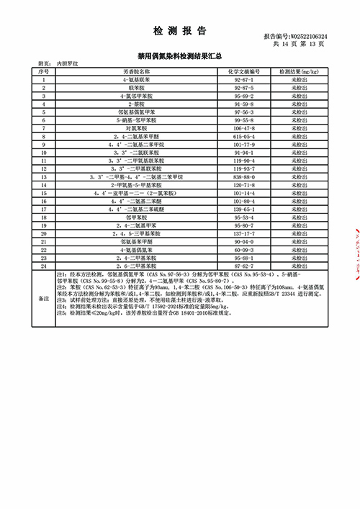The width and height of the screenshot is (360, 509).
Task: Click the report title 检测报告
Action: pyautogui.click(x=180, y=31)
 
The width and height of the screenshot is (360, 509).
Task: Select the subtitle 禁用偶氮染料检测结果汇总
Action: pyautogui.click(x=179, y=55)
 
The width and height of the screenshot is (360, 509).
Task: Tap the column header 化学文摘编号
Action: pyautogui.click(x=247, y=72)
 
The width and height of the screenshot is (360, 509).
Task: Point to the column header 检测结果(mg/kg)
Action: pyautogui.click(x=300, y=72)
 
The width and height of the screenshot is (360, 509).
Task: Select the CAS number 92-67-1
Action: pyautogui.click(x=247, y=79)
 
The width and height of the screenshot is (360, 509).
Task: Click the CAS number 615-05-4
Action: pyautogui.click(x=247, y=135)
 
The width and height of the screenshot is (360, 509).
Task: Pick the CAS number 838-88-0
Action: pyautogui.click(x=247, y=176)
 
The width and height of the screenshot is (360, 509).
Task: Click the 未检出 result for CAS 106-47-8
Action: pyautogui.click(x=300, y=127)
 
